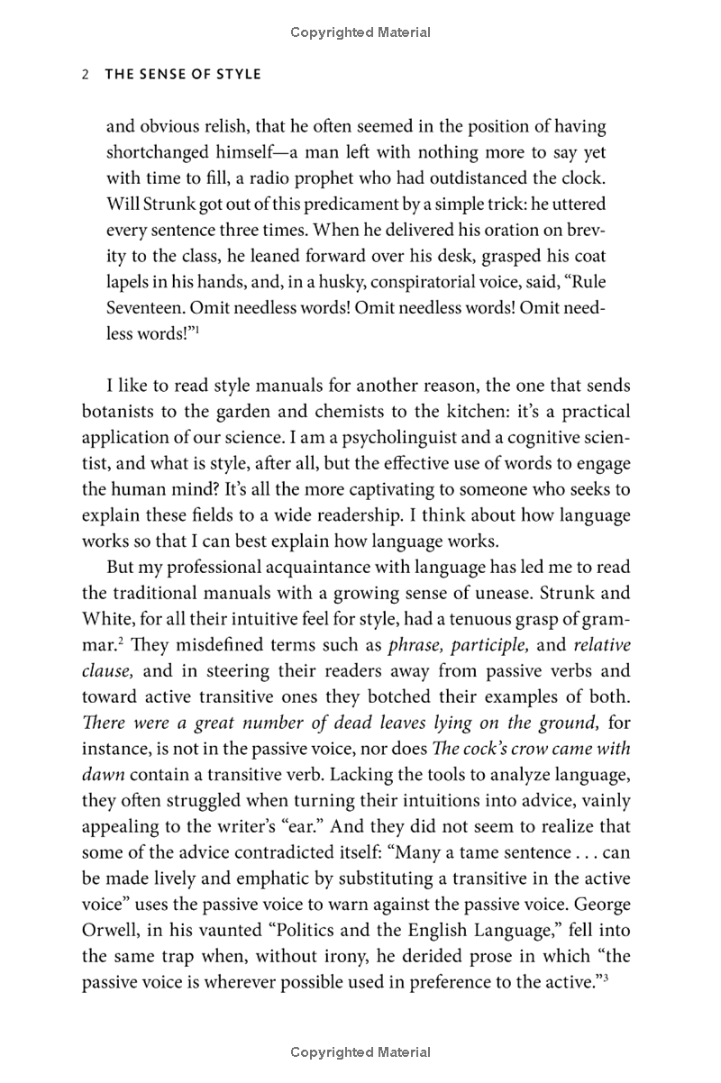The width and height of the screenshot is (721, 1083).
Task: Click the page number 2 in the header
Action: (x=84, y=75)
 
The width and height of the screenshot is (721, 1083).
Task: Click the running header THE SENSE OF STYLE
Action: (x=183, y=75)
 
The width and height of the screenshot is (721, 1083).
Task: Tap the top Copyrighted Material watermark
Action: (x=360, y=32)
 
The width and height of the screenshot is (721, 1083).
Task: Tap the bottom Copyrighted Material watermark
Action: (x=360, y=1051)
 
